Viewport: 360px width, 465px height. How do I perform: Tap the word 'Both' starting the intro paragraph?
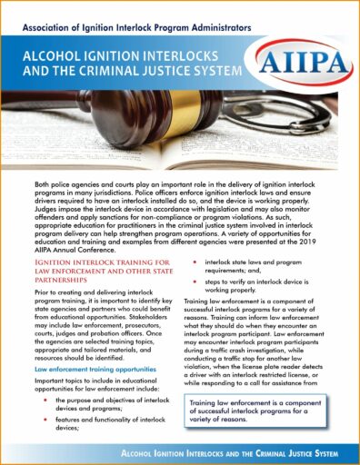44,185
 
